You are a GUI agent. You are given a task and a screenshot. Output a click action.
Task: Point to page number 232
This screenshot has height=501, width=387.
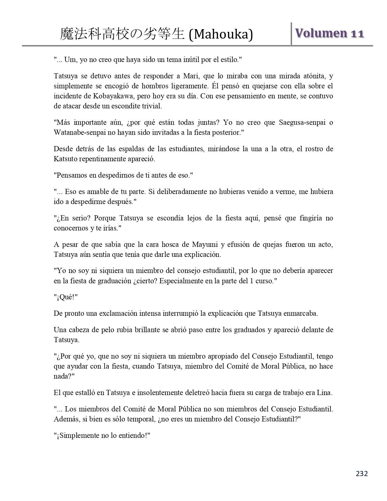pyautogui.click(x=362, y=473)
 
